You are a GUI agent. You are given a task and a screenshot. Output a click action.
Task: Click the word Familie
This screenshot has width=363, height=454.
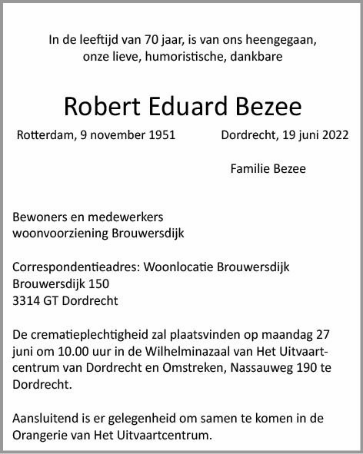249,168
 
